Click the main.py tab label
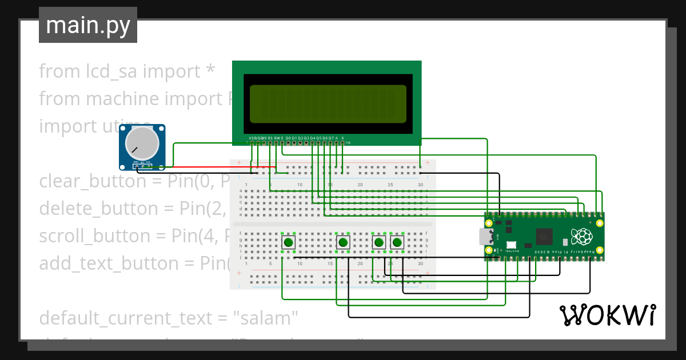87,26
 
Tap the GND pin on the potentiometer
136,163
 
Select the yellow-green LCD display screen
328,104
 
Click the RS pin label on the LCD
270,138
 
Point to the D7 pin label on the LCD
330,138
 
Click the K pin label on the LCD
342,138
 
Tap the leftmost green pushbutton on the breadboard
289,242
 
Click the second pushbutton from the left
342,242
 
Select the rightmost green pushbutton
396,242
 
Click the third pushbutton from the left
378,242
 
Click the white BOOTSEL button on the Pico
511,244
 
